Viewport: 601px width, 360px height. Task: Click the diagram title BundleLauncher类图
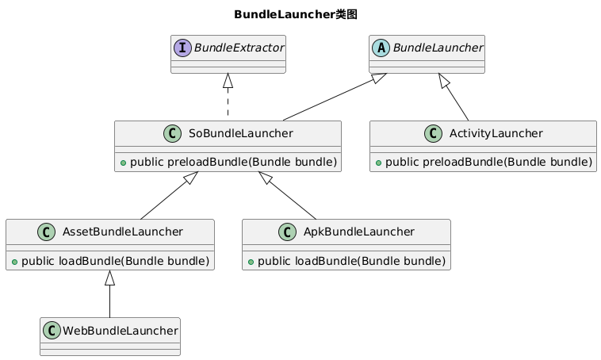pos(300,14)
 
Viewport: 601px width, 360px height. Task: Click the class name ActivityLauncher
pos(493,133)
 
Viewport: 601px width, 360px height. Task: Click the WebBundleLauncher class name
pos(118,330)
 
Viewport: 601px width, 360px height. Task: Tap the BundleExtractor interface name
pos(238,48)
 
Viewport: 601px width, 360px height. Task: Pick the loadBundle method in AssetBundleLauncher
pos(113,261)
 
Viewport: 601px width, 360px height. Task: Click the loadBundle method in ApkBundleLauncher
pos(350,261)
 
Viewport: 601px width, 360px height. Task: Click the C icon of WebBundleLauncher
pos(52,330)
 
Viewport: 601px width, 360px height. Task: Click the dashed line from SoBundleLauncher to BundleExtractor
pos(228,103)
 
